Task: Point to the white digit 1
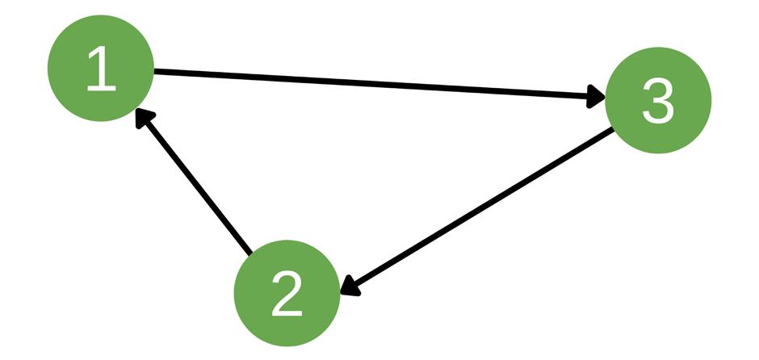coord(101,70)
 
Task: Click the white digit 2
coord(286,294)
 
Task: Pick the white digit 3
coord(657,103)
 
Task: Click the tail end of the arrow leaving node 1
coord(158,72)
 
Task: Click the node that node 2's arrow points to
coord(101,69)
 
